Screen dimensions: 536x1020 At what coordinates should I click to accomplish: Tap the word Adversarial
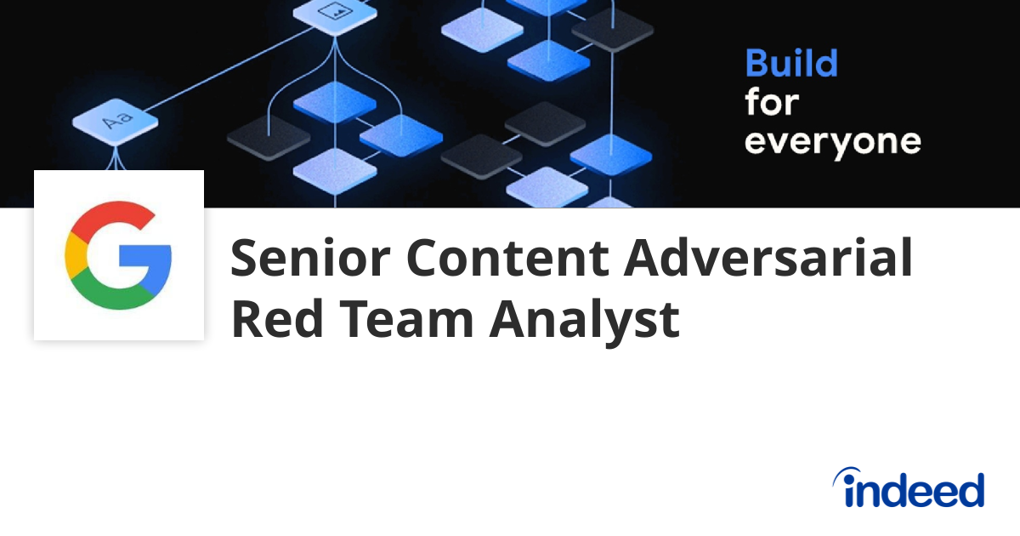769,259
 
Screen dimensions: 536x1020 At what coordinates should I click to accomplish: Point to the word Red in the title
270,320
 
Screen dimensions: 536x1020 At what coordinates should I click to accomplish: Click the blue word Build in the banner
791,65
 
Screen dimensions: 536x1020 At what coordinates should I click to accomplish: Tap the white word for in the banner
772,103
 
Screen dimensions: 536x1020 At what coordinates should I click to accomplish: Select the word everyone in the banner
832,142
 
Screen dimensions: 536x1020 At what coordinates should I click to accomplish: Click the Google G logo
118,255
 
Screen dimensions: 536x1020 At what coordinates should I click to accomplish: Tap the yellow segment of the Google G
72,255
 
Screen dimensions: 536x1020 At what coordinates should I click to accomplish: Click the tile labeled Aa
116,123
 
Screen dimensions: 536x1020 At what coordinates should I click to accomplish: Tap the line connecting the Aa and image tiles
225,67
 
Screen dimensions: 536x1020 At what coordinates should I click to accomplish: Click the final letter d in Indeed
970,490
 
